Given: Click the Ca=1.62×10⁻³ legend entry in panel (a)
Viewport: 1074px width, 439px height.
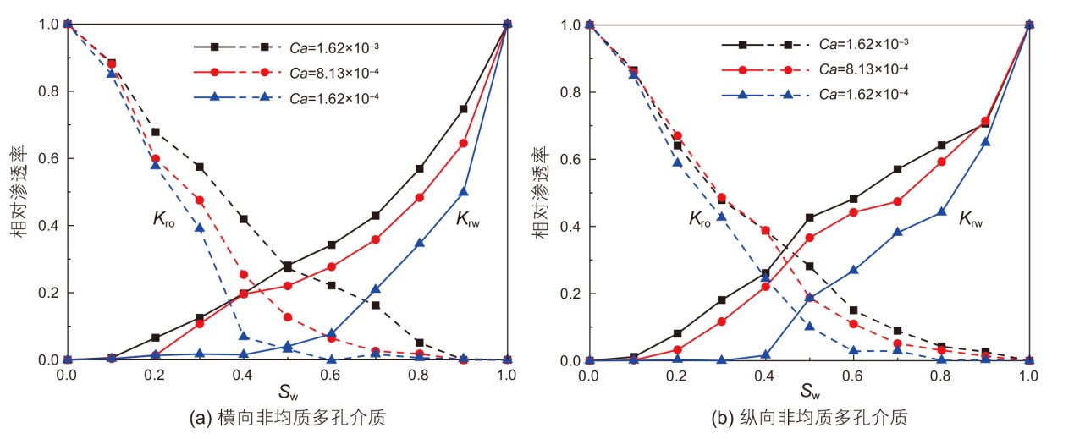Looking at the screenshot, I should [332, 47].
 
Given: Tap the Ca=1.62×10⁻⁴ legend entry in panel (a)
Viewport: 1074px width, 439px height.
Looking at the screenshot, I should [332, 97].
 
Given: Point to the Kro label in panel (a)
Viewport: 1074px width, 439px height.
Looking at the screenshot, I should [163, 222].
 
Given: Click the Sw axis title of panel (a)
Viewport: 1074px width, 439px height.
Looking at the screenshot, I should [285, 393].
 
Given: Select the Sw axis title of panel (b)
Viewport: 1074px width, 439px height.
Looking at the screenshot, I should [810, 393].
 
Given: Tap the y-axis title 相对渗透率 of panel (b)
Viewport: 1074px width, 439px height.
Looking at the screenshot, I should [539, 193].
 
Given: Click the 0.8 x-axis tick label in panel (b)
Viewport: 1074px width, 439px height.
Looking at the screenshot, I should [941, 375].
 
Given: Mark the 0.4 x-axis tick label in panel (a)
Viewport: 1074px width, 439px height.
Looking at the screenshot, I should [242, 375].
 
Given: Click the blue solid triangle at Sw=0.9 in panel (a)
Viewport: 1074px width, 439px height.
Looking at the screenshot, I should [463, 192].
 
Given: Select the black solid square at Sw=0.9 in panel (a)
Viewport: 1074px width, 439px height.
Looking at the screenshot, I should [463, 109].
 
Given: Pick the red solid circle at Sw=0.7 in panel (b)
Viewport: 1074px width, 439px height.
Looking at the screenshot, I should [897, 201].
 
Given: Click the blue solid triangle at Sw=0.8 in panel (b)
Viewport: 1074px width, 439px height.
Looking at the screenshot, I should [941, 211].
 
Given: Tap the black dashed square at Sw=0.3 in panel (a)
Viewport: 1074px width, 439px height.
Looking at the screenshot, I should [199, 167].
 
